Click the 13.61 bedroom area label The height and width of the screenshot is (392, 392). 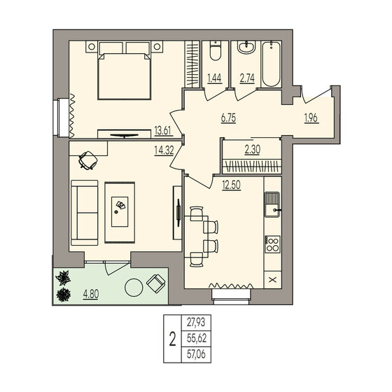click(162, 129)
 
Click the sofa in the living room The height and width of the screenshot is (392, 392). click(85, 211)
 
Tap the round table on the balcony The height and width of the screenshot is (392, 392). click(132, 288)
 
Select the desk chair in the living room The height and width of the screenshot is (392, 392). click(88, 160)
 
